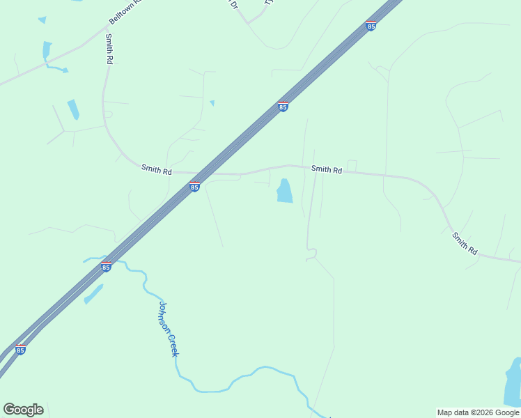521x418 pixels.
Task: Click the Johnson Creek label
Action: tap(169, 329)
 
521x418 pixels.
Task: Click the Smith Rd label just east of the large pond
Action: tap(326, 169)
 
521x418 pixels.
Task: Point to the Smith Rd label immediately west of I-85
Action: tap(156, 169)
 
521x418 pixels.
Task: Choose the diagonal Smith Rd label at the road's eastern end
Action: tap(465, 243)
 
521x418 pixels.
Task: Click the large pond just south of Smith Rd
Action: tap(284, 191)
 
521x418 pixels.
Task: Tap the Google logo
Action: tap(23, 410)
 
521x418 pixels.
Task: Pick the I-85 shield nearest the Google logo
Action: tap(20, 350)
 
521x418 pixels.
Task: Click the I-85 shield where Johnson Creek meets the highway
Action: tap(106, 267)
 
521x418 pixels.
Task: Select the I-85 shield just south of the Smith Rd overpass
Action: tap(194, 187)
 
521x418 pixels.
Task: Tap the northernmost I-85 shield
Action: tap(371, 26)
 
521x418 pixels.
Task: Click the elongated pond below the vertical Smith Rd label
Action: tap(73, 109)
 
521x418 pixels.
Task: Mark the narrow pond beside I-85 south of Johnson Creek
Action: tap(93, 293)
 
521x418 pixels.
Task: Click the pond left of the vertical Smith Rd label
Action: tap(47, 50)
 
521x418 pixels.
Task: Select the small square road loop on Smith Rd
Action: tap(352, 166)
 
